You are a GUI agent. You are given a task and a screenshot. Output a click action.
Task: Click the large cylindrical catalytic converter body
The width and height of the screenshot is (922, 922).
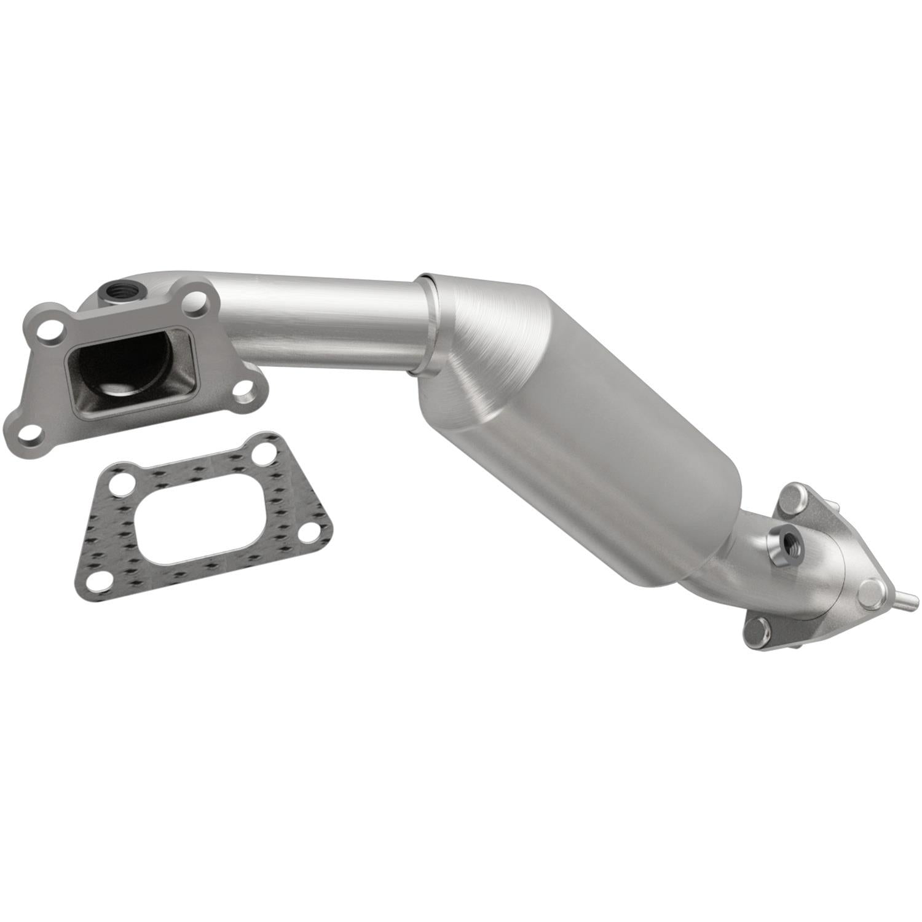590,430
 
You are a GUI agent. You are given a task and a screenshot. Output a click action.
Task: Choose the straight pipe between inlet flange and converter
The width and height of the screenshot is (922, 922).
320,320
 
